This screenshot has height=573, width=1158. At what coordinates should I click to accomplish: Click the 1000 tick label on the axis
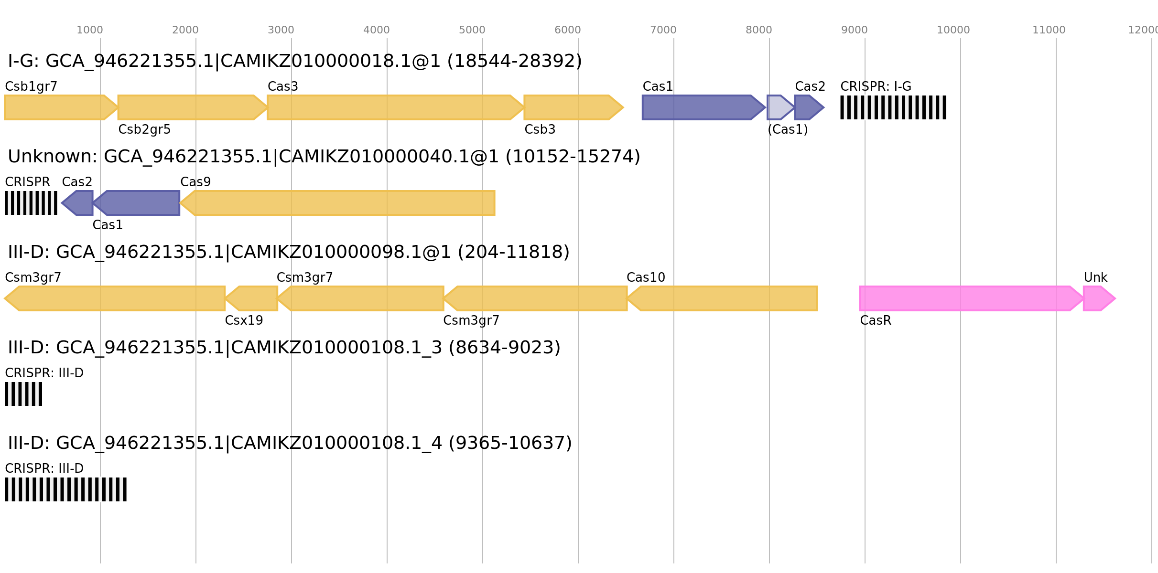[x=89, y=30]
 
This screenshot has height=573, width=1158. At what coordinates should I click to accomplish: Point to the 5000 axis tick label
[x=472, y=30]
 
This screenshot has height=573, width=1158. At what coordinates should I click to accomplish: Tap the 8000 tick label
[x=758, y=30]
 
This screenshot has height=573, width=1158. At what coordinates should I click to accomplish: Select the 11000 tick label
[x=1049, y=30]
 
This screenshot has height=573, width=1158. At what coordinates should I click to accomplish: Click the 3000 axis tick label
[x=281, y=30]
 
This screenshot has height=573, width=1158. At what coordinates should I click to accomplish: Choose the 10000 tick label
[x=953, y=30]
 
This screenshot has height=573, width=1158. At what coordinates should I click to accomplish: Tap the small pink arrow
[x=1098, y=298]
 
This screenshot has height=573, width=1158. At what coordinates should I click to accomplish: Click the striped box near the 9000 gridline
[x=893, y=107]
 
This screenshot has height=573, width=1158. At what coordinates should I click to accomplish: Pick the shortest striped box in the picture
[x=23, y=394]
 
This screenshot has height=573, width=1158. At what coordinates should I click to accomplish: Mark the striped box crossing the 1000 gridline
[x=65, y=489]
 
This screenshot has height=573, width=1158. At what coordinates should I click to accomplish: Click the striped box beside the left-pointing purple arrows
[x=31, y=203]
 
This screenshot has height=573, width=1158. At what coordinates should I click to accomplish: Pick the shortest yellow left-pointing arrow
[x=253, y=298]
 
